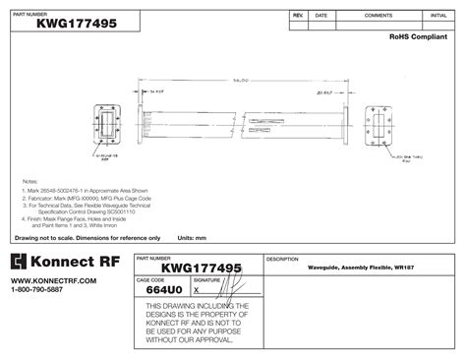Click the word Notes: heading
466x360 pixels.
click(x=29, y=183)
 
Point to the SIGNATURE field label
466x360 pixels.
click(x=206, y=280)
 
